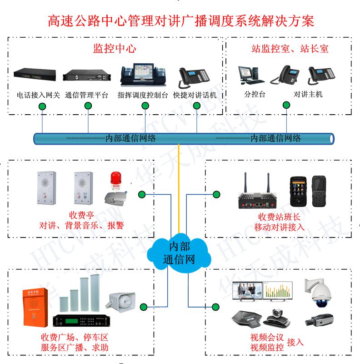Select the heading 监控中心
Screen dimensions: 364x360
coord(115,49)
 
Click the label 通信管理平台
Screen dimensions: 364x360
coord(86,96)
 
